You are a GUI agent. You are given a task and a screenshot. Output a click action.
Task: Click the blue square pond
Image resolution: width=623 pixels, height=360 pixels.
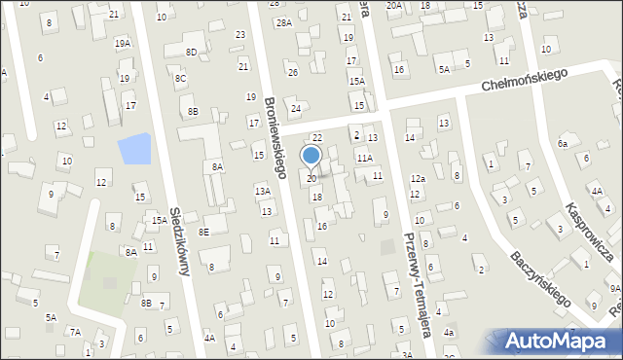tap(134, 149)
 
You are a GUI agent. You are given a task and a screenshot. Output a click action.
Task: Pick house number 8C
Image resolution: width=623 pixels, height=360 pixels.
tap(180, 78)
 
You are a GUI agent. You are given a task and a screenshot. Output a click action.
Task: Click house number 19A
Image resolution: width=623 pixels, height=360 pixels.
tap(123, 44)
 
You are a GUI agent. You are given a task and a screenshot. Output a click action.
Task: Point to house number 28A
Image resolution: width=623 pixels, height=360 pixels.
tap(283, 21)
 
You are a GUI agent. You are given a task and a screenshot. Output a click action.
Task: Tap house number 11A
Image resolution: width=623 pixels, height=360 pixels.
tap(364, 158)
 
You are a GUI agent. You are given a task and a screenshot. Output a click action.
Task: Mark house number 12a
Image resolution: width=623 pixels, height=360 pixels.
tap(418, 179)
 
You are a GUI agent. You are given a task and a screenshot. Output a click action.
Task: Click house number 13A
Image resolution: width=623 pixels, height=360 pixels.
tap(263, 192)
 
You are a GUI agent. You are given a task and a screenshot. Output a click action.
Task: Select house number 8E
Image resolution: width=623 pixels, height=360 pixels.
tap(203, 232)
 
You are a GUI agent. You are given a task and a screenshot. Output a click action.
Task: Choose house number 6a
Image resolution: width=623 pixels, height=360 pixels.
tap(563, 143)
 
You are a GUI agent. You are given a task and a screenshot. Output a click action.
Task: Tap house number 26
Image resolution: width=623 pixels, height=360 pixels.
tap(292, 72)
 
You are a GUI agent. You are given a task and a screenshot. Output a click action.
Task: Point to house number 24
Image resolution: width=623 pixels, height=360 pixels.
tap(296, 109)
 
